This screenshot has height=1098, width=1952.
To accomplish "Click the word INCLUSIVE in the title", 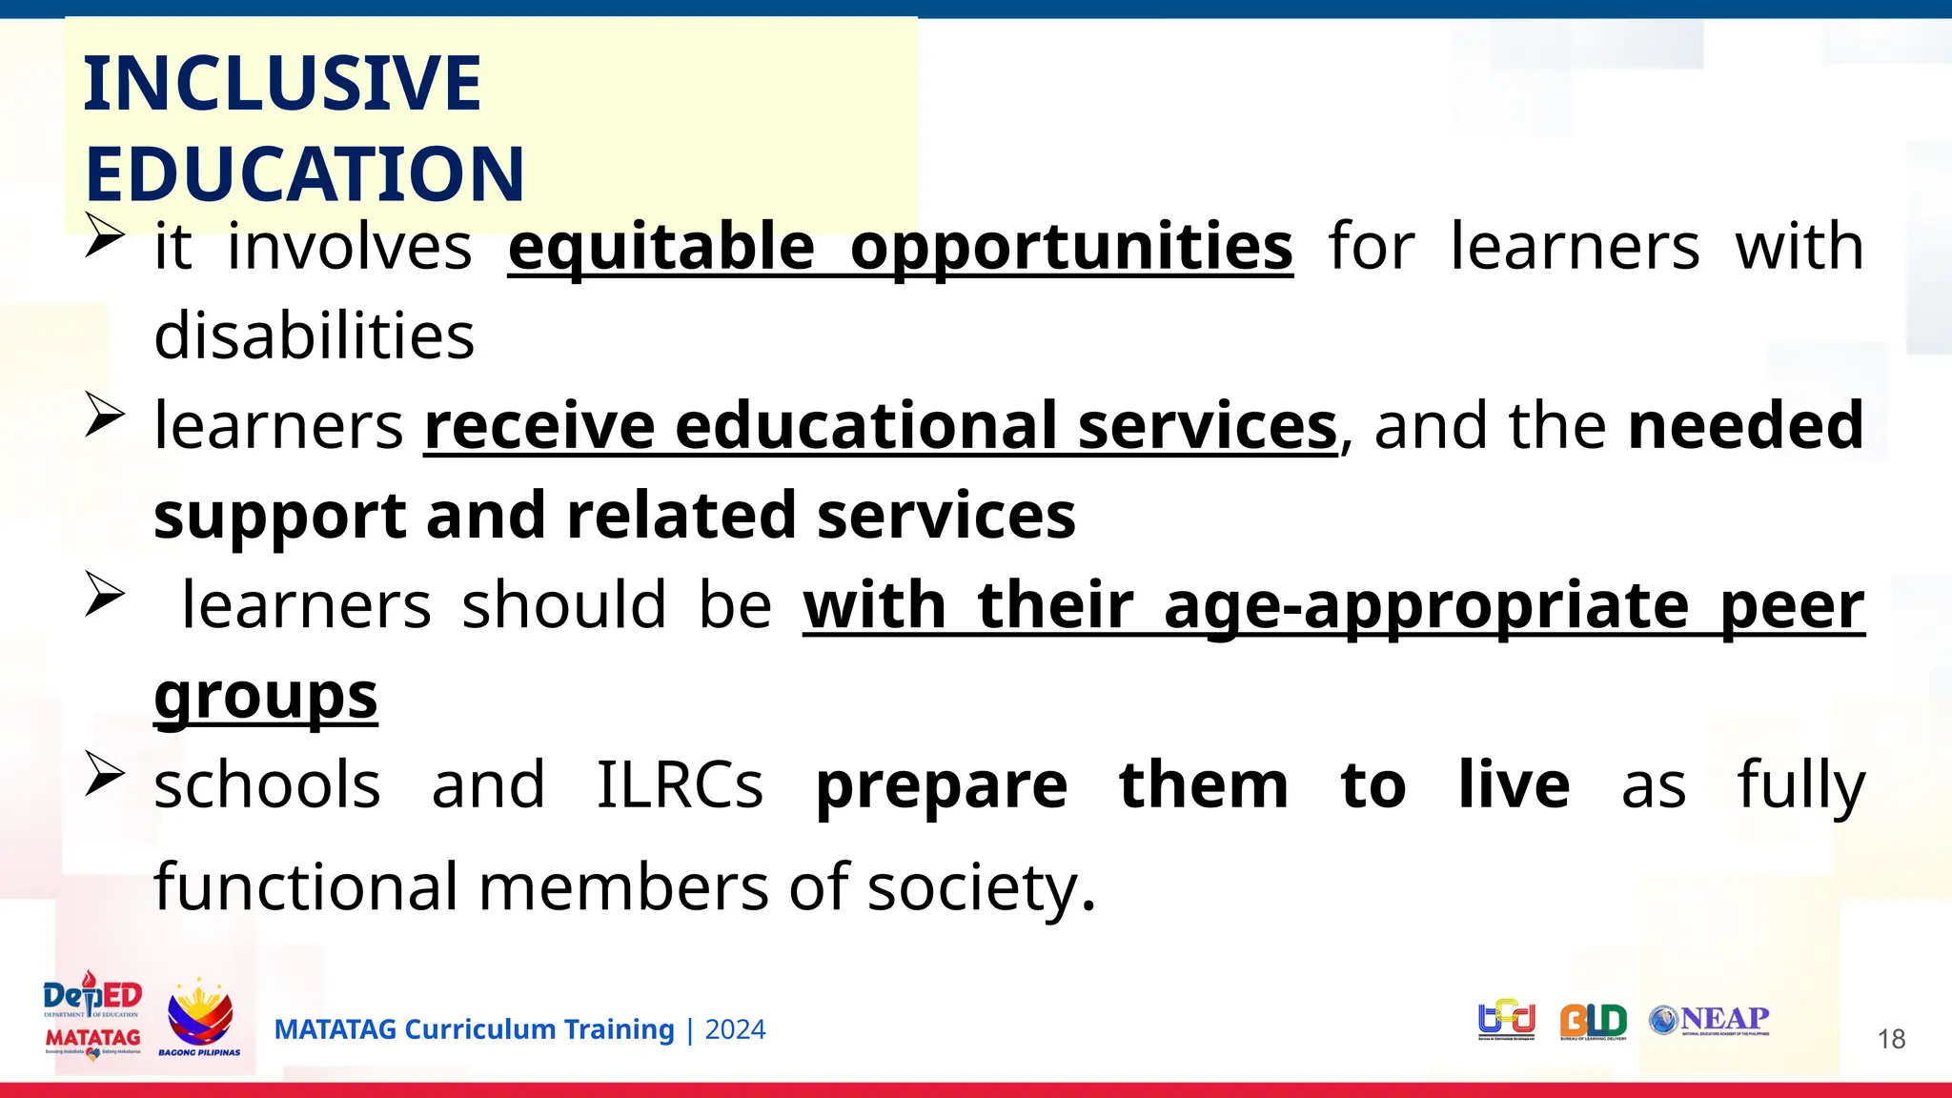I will pyautogui.click(x=282, y=84).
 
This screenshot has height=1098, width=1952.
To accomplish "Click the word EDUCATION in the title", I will pyautogui.click(x=304, y=174).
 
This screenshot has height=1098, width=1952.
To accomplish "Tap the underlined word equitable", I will pyautogui.click(x=661, y=247).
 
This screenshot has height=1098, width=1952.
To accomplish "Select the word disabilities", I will pyautogui.click(x=314, y=335).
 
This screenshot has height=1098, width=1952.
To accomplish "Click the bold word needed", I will pyautogui.click(x=1745, y=425).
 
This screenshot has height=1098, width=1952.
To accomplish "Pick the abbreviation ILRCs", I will pyautogui.click(x=680, y=785).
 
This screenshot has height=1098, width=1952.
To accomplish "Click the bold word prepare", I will pyautogui.click(x=942, y=785).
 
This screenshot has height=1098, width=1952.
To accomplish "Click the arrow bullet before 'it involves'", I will pyautogui.click(x=104, y=235).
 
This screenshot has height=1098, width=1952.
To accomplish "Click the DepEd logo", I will pyautogui.click(x=92, y=996).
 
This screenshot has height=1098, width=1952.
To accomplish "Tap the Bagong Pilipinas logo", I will pyautogui.click(x=199, y=1018).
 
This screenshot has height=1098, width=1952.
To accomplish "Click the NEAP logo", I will pyautogui.click(x=1710, y=1020).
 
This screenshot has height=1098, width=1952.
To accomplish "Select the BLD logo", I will pyautogui.click(x=1593, y=1021).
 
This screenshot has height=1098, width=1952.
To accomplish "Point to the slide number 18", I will pyautogui.click(x=1891, y=1039).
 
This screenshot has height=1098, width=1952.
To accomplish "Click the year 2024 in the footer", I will pyautogui.click(x=735, y=1030).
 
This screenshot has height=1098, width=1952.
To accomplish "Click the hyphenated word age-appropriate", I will pyautogui.click(x=1426, y=606).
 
